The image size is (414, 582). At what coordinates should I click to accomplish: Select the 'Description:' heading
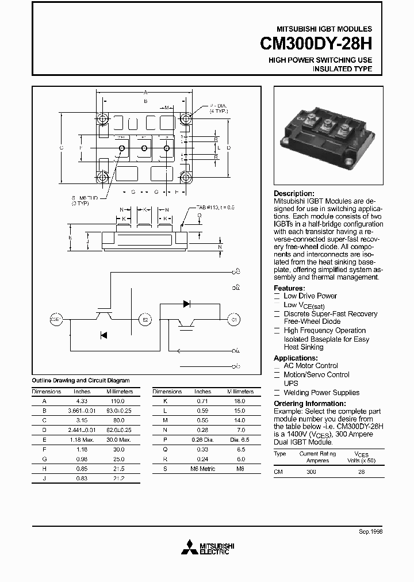point(294,194)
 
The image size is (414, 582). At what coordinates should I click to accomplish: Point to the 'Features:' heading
point(289,288)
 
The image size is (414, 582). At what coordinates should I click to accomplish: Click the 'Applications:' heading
point(296,358)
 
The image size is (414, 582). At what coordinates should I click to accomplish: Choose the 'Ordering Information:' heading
point(309,404)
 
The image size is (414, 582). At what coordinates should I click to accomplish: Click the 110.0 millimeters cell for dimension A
point(117,401)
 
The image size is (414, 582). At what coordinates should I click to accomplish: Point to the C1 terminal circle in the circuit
point(233,319)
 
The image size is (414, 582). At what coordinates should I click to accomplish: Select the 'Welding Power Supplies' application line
point(321,393)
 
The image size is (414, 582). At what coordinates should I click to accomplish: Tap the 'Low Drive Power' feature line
point(310,296)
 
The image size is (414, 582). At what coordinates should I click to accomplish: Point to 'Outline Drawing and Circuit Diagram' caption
point(80,381)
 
